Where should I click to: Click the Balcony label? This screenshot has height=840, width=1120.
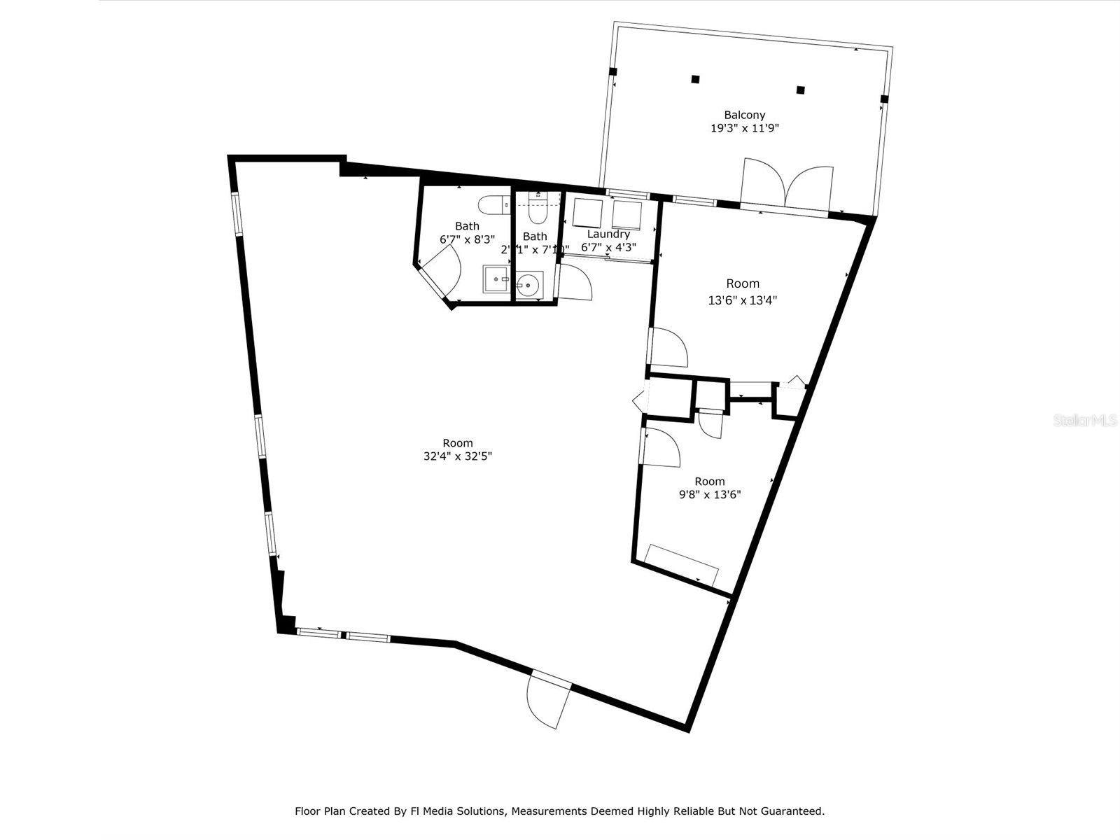click(744, 115)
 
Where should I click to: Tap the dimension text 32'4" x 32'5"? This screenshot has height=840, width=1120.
click(458, 456)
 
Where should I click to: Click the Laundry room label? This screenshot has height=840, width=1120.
click(608, 234)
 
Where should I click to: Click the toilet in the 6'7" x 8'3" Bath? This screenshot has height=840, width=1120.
click(494, 204)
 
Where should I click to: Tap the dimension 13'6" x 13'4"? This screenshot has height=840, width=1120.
click(743, 300)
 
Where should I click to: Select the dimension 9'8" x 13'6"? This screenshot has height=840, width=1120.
click(710, 494)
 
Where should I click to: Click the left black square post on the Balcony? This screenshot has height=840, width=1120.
click(695, 79)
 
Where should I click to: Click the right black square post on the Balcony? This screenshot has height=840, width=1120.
click(801, 90)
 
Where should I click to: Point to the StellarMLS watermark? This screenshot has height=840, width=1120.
click(1086, 421)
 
